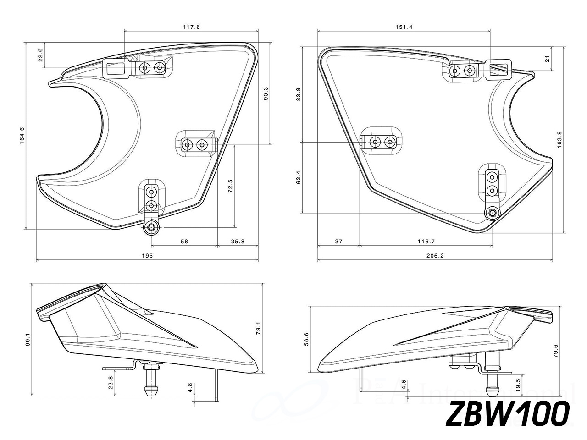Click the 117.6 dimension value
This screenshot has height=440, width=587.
(191, 27)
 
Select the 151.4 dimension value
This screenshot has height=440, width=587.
(404, 27)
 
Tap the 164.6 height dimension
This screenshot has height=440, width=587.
(22, 136)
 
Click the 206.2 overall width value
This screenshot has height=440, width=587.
(435, 255)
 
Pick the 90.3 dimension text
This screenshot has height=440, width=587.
(266, 95)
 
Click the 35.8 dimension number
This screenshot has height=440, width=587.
(238, 241)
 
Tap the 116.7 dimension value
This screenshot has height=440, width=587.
(426, 241)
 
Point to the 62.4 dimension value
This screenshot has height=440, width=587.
(299, 178)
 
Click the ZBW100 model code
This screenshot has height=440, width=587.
(508, 414)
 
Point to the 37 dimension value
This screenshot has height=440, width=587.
(338, 241)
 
